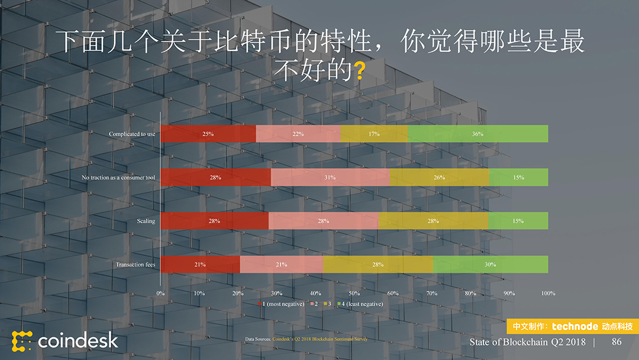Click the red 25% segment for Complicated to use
point(208,134)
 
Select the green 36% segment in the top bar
point(478,134)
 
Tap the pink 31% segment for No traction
point(330,177)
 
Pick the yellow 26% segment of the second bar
point(439,177)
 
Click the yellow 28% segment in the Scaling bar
point(433,221)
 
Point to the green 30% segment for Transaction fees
point(490,264)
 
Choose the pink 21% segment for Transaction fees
point(281,264)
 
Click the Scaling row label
point(146,221)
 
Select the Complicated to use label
point(132,134)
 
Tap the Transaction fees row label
point(135,264)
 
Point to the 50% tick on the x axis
point(354,293)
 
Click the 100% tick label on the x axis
point(548,293)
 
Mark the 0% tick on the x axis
point(160,293)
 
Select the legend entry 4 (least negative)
point(362,304)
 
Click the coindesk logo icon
point(22,341)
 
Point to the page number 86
point(617,342)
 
